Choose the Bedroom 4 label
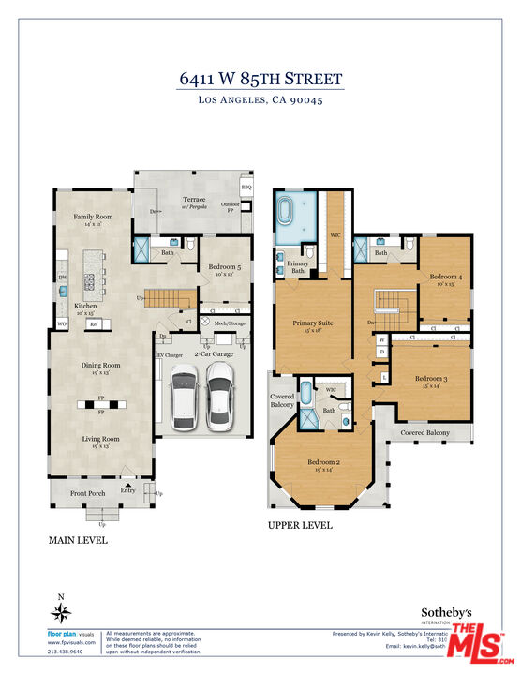(446, 277)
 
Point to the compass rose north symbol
(62, 612)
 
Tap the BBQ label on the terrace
(246, 187)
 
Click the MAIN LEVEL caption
(78, 541)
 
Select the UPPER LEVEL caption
(300, 526)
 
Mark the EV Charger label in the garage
(170, 355)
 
